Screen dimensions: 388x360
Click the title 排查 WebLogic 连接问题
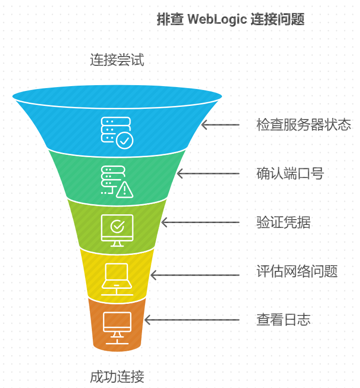pos(230,20)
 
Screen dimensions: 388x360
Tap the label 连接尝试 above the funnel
pos(117,60)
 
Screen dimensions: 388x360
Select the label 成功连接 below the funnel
pos(117,376)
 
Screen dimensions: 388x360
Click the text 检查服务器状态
pos(303,125)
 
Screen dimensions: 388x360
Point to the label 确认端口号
pos(290,173)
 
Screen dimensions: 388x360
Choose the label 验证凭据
pos(283,223)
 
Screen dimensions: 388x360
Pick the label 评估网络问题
pos(297,271)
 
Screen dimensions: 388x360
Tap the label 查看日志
pos(283,320)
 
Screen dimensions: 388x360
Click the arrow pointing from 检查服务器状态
pos(220,125)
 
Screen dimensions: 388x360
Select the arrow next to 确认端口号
pos(208,173)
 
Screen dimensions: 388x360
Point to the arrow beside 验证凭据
pos(200,223)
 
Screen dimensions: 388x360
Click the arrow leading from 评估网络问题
pos(195,275)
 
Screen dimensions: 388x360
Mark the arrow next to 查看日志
pos(192,320)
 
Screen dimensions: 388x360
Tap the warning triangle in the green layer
pos(125,189)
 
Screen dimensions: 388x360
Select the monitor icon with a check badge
pos(117,230)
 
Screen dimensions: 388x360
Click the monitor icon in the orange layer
pos(117,327)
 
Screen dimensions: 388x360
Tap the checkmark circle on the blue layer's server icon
pos(125,141)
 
